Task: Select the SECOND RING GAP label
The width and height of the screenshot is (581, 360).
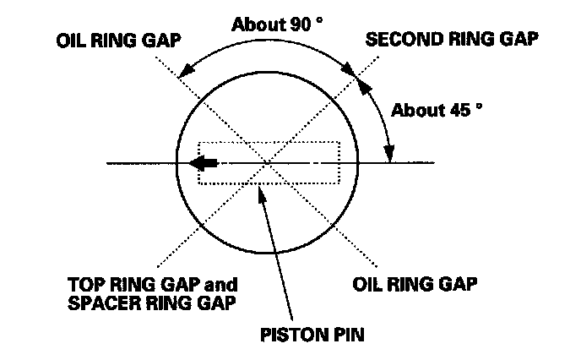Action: [453, 41]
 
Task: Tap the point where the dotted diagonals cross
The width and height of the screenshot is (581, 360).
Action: [268, 162]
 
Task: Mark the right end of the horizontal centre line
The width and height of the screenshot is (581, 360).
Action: [434, 162]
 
